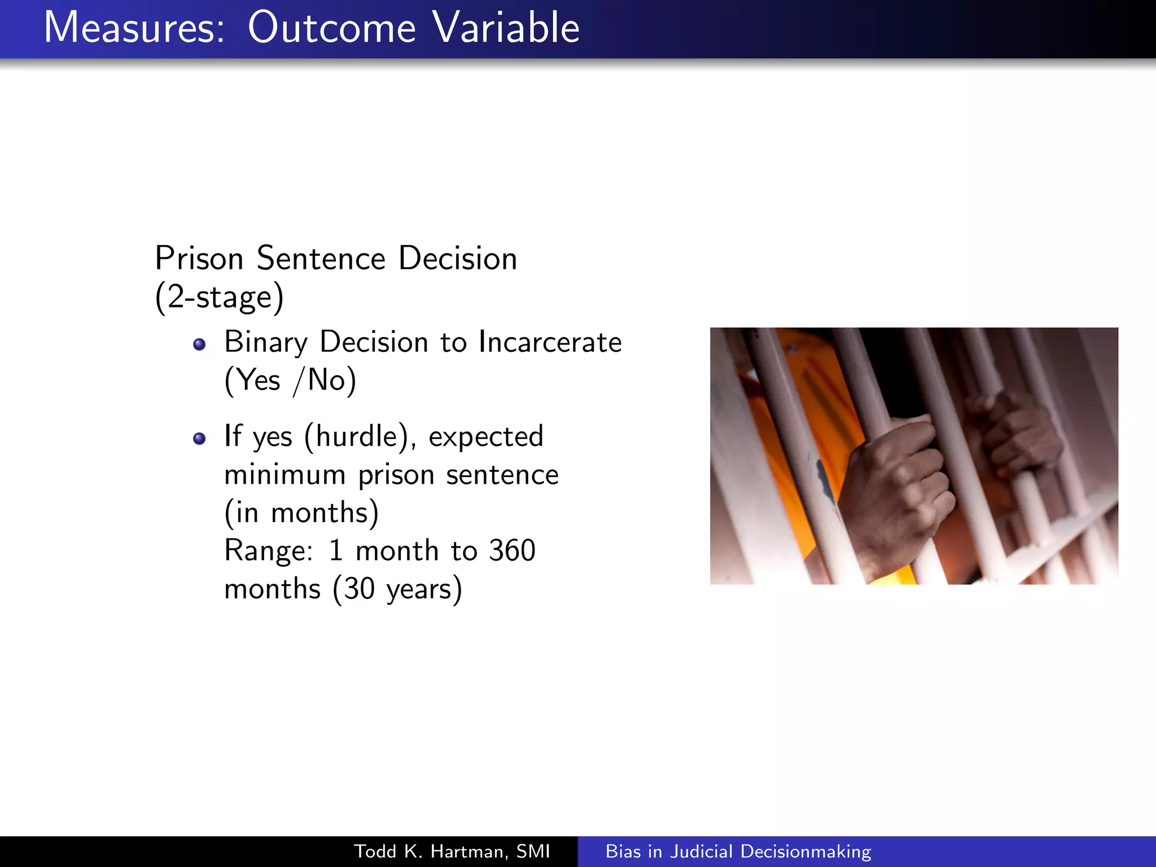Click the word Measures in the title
tap(134, 28)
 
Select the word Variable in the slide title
tap(506, 28)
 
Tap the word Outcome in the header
tap(332, 28)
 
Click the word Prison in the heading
tap(199, 259)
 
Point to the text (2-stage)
tap(219, 297)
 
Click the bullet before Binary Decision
tap(199, 344)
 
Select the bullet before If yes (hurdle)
tap(199, 439)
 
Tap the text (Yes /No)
tap(290, 380)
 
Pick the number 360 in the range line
tap(512, 550)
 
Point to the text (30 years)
tap(397, 589)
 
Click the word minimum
tap(285, 475)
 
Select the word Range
tap(268, 551)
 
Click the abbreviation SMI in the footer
tap(533, 851)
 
